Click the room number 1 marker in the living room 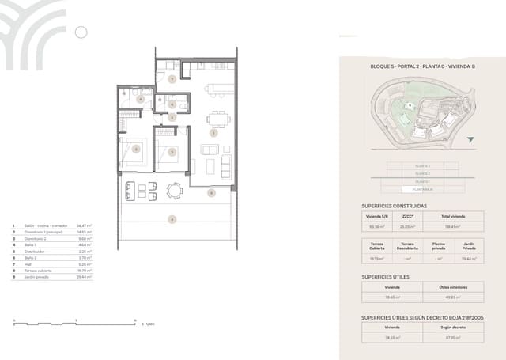pos(213,134)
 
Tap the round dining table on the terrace pos(174,189)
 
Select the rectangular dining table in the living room pos(218,119)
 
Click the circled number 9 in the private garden pos(172,218)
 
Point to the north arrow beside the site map pos(472,140)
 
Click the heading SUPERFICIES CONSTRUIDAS pos(394,206)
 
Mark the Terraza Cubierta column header pos(375,245)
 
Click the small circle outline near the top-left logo pos(80,32)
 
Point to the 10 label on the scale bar pos(135,320)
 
